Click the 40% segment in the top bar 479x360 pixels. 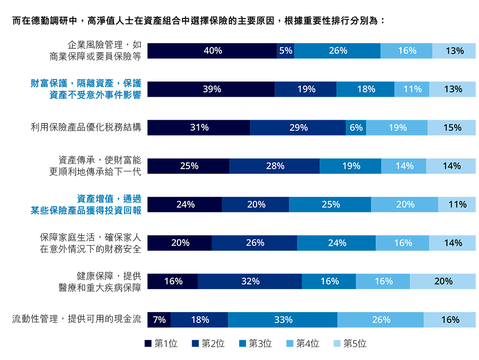pyautogui.click(x=212, y=51)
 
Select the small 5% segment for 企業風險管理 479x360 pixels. pyautogui.click(x=285, y=51)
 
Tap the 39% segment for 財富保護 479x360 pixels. pyautogui.click(x=211, y=89)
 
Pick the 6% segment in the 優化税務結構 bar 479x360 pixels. pyautogui.click(x=356, y=128)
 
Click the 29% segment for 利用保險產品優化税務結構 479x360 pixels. pyautogui.click(x=298, y=128)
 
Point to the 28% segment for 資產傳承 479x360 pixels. pyautogui.click(x=274, y=166)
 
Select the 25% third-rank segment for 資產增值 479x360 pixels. pyautogui.click(x=330, y=204)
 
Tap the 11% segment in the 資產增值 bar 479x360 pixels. pyautogui.click(x=457, y=204)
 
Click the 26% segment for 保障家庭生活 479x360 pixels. pyautogui.click(x=254, y=243)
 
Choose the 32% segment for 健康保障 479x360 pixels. pyautogui.click(x=250, y=281)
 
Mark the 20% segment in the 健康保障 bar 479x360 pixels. pyautogui.click(x=443, y=281)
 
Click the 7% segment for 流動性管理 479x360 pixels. pyautogui.click(x=159, y=320)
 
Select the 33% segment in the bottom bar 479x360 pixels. pyautogui.click(x=283, y=320)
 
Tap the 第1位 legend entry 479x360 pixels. pyautogui.click(x=161, y=343)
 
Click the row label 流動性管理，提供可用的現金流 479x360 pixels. pyautogui.click(x=77, y=319)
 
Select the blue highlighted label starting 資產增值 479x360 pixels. pyautogui.click(x=86, y=204)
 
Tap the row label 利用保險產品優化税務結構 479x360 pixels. pyautogui.click(x=86, y=128)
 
